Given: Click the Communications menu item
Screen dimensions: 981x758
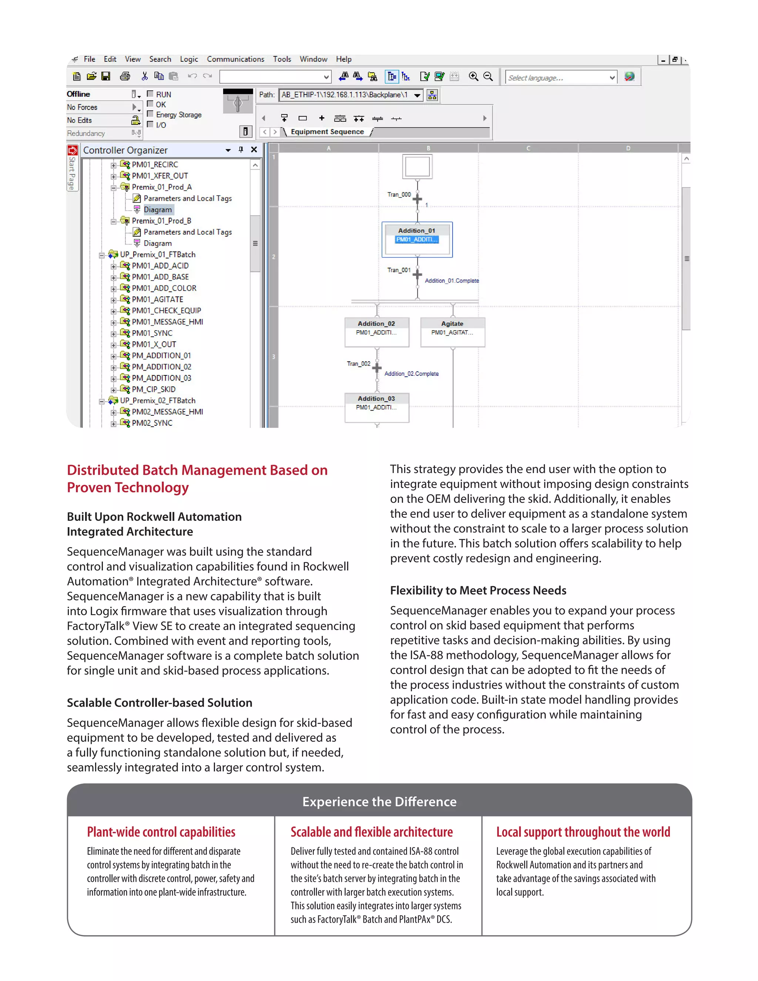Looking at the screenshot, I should point(235,59).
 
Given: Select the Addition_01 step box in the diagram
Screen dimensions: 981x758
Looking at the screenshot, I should point(417,240).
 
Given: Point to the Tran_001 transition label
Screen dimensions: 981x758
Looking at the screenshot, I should point(399,270).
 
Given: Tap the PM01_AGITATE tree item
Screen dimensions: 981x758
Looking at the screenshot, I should point(157,299).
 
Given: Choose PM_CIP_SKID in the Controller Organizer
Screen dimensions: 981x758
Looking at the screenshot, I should point(153,389).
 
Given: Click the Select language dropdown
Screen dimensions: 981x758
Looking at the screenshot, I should point(561,78).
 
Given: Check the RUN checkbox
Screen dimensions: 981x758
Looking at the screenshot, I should point(150,94).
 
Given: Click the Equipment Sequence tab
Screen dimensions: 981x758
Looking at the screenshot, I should point(327,132).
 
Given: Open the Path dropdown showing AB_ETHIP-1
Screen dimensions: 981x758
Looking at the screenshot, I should point(417,95).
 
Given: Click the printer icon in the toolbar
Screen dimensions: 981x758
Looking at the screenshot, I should point(125,76).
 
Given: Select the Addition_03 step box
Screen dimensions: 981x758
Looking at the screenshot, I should point(376,407).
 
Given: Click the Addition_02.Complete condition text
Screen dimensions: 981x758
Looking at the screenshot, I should point(411,374).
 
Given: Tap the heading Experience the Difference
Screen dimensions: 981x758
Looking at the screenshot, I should point(379,801).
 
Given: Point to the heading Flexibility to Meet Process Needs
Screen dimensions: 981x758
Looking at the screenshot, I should point(478,590).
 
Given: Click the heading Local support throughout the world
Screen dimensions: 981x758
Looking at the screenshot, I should point(583,832).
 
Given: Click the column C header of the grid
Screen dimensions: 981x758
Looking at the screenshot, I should point(528,148).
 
